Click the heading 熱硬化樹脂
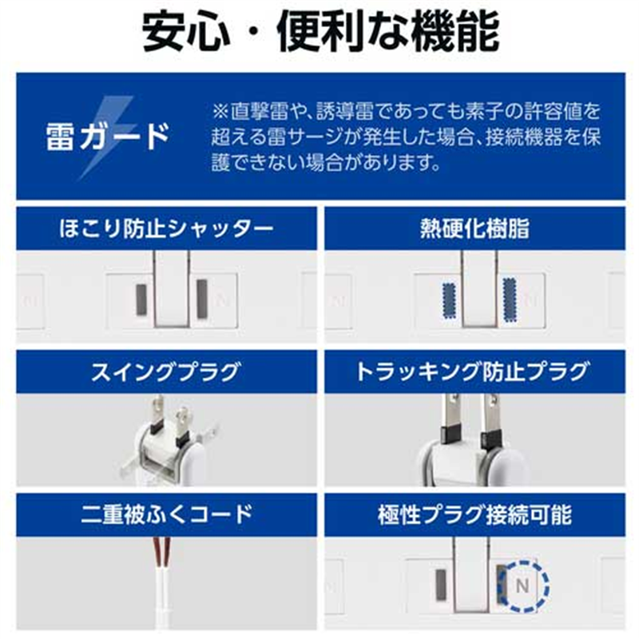tap(474, 230)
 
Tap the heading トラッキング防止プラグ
tap(474, 371)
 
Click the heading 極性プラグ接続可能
tap(474, 514)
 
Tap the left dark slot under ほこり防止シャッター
tap(140, 299)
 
